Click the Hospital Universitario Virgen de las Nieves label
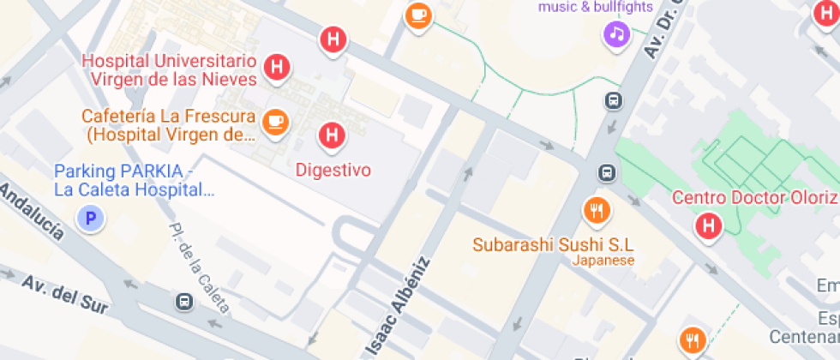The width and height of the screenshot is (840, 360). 170,70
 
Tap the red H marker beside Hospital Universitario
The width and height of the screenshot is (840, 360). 276,68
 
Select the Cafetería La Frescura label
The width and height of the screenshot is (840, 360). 169,125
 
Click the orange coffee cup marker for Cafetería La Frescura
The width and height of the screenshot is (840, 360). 275,121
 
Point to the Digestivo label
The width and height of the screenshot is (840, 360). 333,170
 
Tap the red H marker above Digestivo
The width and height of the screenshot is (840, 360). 333,135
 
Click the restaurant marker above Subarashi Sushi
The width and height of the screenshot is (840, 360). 596,209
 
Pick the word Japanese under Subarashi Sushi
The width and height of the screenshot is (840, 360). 603,261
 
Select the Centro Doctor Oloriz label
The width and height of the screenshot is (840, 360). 753,198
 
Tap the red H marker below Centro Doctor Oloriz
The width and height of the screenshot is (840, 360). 709,226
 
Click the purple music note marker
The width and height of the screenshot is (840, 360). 617,34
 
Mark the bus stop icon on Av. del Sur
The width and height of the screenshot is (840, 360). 183,302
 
